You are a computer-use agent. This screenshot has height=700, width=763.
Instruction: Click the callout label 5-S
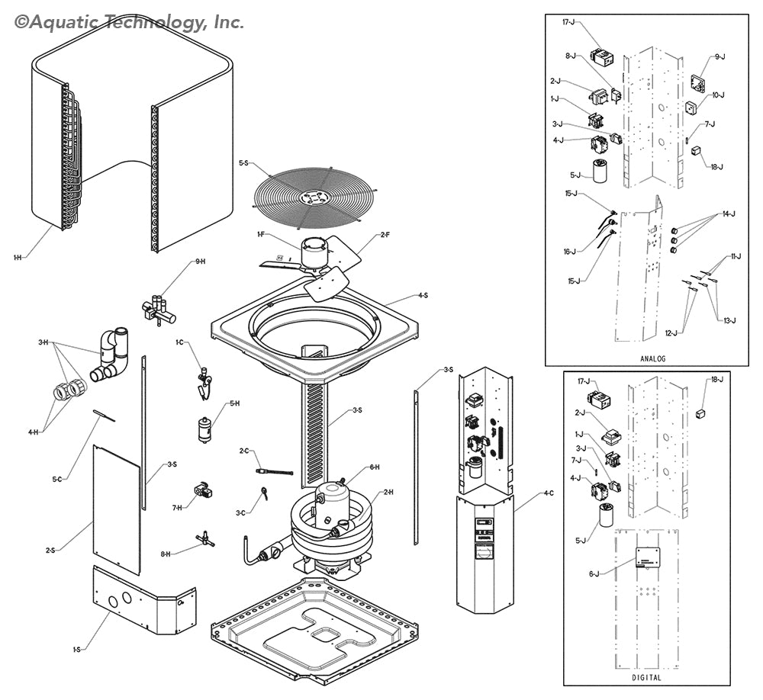[244, 163]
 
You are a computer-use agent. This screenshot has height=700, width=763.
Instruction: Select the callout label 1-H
[18, 258]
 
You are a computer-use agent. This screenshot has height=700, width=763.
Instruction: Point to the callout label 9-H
[201, 262]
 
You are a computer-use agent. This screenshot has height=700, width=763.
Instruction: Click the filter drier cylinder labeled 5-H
[204, 429]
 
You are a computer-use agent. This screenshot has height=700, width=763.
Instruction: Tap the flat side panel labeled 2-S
[117, 509]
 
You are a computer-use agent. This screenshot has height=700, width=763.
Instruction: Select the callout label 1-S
[77, 649]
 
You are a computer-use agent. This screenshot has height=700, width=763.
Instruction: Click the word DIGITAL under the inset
[646, 677]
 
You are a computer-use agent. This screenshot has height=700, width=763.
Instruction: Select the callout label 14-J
[728, 214]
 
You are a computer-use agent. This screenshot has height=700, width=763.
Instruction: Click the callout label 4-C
[549, 493]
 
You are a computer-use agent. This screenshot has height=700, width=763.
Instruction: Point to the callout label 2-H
[388, 493]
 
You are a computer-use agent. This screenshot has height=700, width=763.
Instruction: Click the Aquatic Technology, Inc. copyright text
[130, 22]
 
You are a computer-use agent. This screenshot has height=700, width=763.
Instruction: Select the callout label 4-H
[34, 432]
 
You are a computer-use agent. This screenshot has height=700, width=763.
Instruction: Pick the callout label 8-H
[165, 554]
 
